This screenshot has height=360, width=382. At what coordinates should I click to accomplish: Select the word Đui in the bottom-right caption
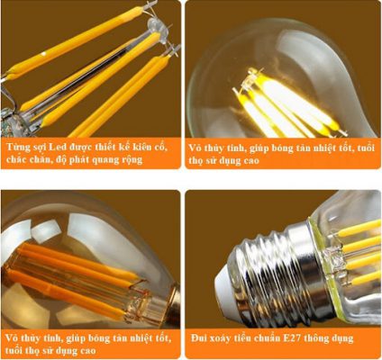[201, 338]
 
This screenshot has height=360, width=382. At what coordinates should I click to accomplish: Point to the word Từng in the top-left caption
[16, 144]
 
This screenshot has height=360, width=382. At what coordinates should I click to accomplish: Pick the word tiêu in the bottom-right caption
[250, 338]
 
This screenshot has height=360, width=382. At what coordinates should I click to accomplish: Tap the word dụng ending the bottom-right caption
[359, 338]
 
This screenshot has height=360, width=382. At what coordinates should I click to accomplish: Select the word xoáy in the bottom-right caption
[225, 338]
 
